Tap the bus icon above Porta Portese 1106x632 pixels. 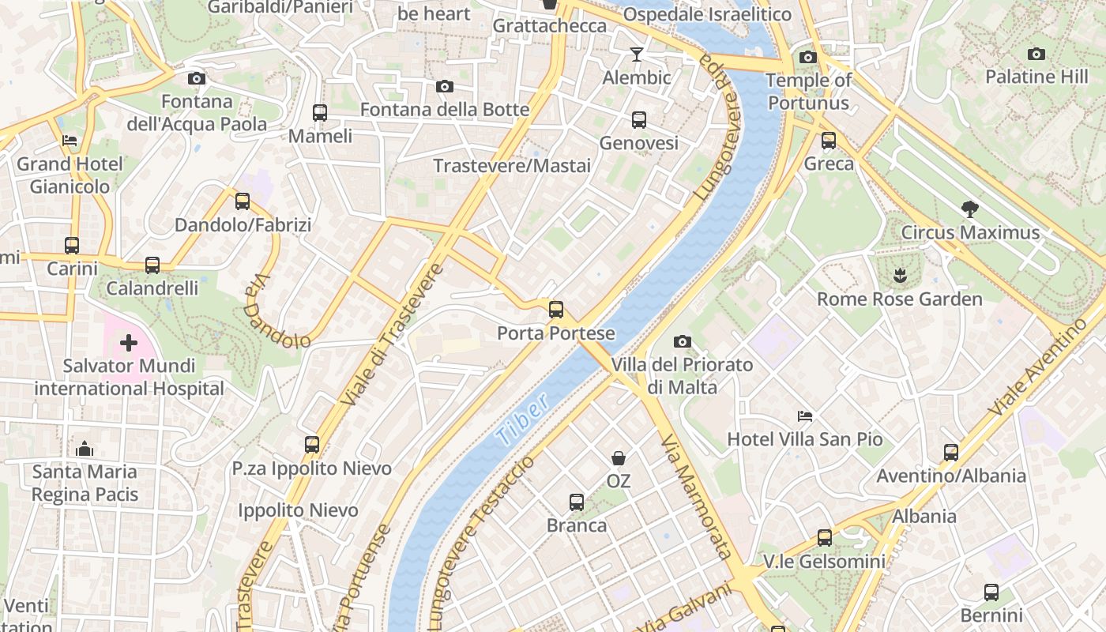tap(556, 309)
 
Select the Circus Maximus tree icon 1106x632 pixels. tap(969, 209)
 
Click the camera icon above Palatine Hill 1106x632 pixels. tap(1036, 54)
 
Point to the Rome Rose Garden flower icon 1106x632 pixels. tap(899, 276)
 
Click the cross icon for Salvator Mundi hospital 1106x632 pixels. tap(128, 343)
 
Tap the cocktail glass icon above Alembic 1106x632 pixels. tap(636, 55)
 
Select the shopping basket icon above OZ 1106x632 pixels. tap(618, 458)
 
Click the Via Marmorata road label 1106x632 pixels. tap(697, 496)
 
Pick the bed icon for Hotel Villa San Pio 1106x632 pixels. tap(805, 416)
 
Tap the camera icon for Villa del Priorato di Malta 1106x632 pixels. tap(683, 341)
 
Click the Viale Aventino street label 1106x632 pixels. tap(1037, 367)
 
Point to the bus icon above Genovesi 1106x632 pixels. tap(638, 120)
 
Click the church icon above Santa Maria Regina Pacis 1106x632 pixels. tap(85, 449)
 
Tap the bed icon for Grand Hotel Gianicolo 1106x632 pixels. tap(70, 141)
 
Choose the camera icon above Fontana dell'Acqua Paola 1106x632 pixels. tap(197, 78)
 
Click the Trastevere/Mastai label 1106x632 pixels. tap(512, 166)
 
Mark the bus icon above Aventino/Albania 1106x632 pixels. tap(951, 453)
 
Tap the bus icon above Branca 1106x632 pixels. tap(577, 502)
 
